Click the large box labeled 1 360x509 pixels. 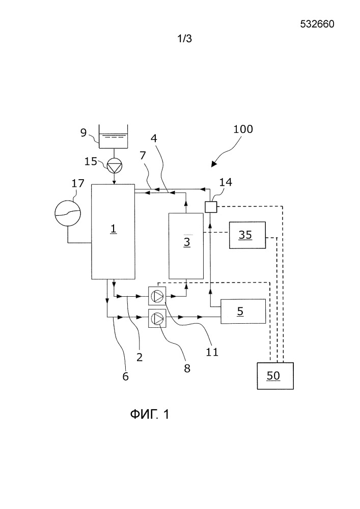(113, 232)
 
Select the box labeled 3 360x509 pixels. (186, 246)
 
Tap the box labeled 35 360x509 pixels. (247, 235)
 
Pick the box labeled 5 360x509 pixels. (242, 312)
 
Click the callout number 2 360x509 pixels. (139, 357)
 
